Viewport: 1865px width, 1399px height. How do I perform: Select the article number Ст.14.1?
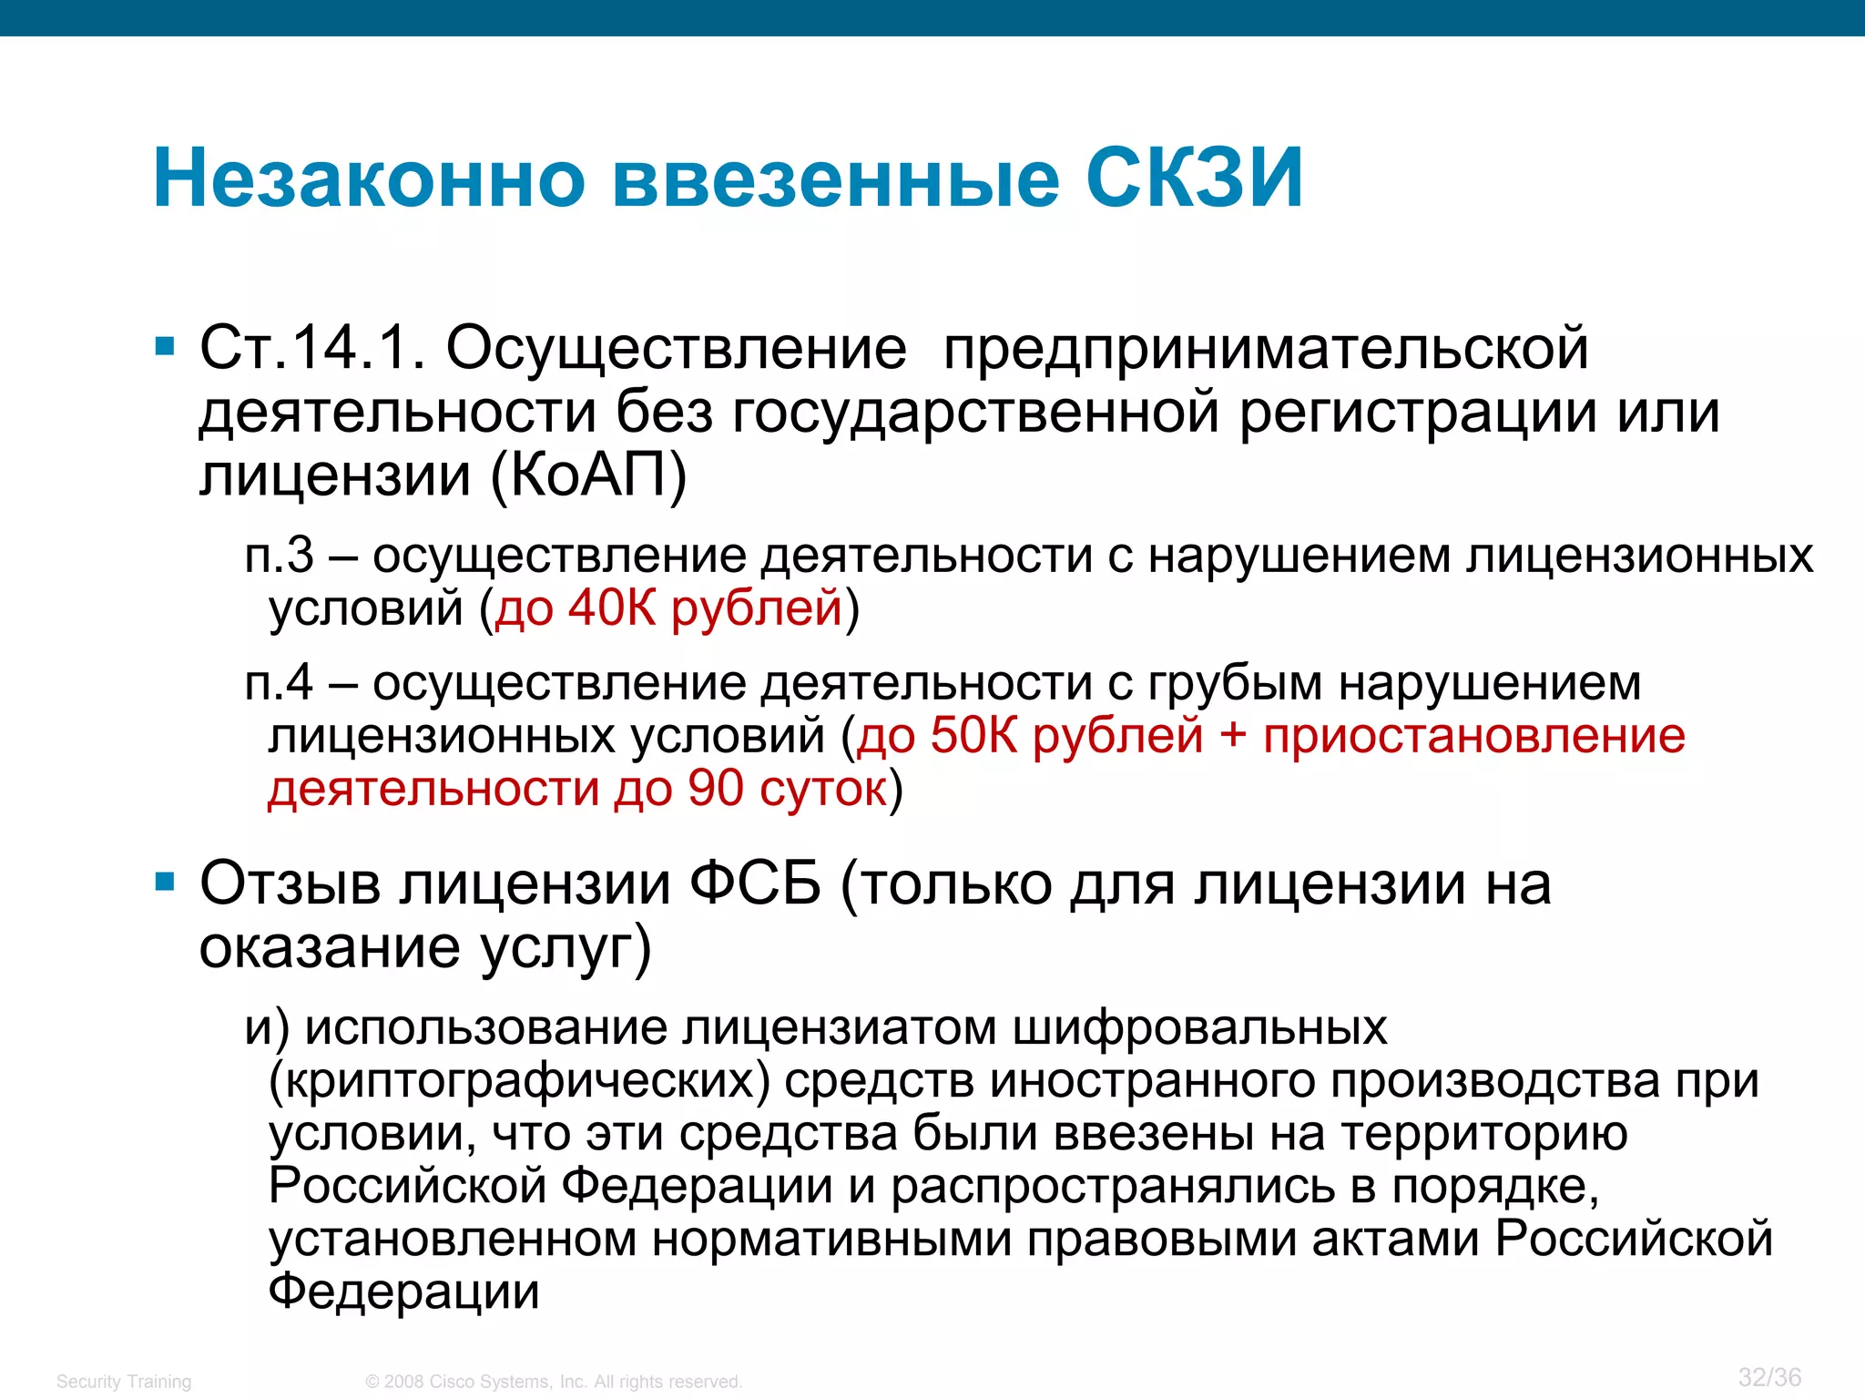[312, 348]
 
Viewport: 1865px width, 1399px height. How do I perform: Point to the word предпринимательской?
[1266, 350]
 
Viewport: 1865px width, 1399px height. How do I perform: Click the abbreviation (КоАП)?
[588, 475]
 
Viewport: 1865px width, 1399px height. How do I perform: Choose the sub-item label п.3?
[279, 555]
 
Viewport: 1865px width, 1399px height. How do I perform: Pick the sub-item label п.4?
[279, 682]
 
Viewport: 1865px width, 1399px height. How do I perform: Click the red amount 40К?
[612, 608]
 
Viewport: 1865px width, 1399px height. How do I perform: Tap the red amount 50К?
[973, 735]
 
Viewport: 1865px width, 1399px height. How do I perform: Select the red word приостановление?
[1473, 735]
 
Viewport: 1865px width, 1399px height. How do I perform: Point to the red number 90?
[716, 788]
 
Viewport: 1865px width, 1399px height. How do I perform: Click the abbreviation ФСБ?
[755, 883]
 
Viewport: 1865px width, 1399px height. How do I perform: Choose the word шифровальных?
[1199, 1027]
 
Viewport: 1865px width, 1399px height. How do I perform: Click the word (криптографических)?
[519, 1081]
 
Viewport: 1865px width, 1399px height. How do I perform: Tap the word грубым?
[1234, 684]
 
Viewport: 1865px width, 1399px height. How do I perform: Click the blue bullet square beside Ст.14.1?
[165, 347]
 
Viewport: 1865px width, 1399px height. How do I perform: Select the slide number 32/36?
[1769, 1377]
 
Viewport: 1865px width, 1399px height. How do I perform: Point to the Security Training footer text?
[124, 1382]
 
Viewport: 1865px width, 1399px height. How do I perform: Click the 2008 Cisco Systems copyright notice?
[554, 1382]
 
